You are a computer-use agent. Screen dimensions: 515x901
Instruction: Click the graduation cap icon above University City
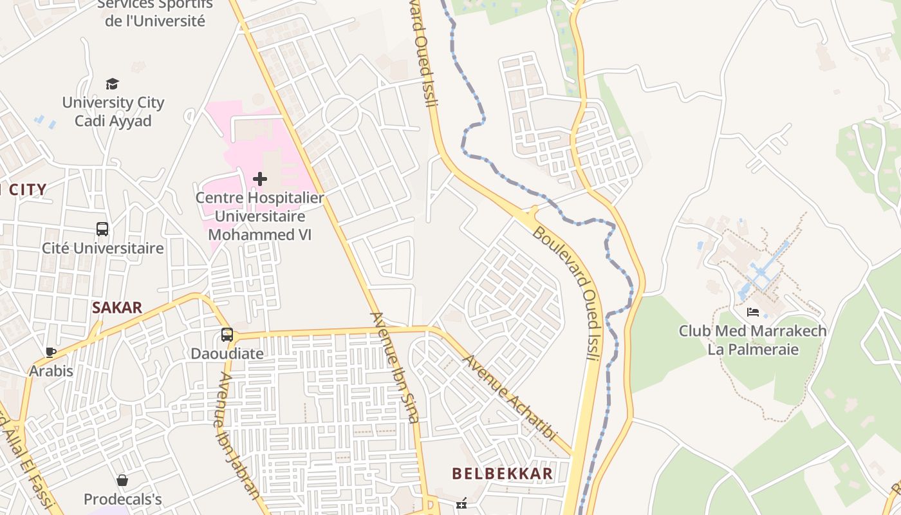pyautogui.click(x=113, y=84)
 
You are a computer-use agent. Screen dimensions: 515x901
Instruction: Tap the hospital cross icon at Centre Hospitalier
pyautogui.click(x=260, y=178)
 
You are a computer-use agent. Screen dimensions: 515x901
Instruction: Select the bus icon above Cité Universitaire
pyautogui.click(x=102, y=229)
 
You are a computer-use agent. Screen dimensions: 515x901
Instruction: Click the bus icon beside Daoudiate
pyautogui.click(x=227, y=335)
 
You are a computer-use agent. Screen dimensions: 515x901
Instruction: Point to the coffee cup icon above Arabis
pyautogui.click(x=51, y=352)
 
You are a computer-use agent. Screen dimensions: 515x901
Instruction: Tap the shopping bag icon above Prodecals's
pyautogui.click(x=122, y=480)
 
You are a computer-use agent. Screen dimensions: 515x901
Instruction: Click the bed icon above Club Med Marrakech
pyautogui.click(x=752, y=312)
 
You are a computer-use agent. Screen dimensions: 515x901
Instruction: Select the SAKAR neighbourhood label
pyautogui.click(x=117, y=308)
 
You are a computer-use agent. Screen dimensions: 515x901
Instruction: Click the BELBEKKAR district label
pyautogui.click(x=502, y=474)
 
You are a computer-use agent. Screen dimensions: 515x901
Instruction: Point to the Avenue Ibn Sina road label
pyautogui.click(x=395, y=368)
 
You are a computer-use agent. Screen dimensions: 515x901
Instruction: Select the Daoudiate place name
pyautogui.click(x=227, y=353)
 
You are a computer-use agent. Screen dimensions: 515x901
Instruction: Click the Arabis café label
pyautogui.click(x=51, y=371)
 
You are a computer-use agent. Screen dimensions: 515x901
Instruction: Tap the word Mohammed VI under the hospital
pyautogui.click(x=260, y=234)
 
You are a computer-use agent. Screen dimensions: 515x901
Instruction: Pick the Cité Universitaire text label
pyautogui.click(x=103, y=248)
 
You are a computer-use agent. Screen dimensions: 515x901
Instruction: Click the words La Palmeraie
pyautogui.click(x=753, y=350)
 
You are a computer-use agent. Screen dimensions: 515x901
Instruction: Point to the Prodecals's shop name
pyautogui.click(x=122, y=499)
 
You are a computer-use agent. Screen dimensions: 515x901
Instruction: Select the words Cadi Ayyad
pyautogui.click(x=113, y=121)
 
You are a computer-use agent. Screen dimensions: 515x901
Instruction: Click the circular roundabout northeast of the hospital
pyautogui.click(x=340, y=115)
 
